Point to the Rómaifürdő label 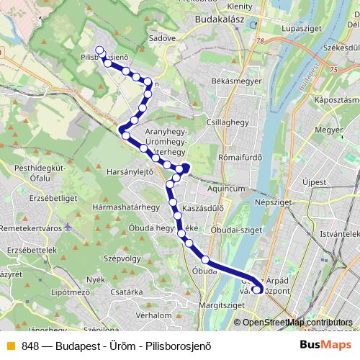(x=240, y=158)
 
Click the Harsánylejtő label (x=130, y=173)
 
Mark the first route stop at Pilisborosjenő (x=99, y=51)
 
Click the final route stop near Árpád (x=257, y=290)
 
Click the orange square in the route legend (x=10, y=345)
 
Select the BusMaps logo (x=325, y=345)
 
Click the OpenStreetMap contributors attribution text (x=297, y=323)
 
